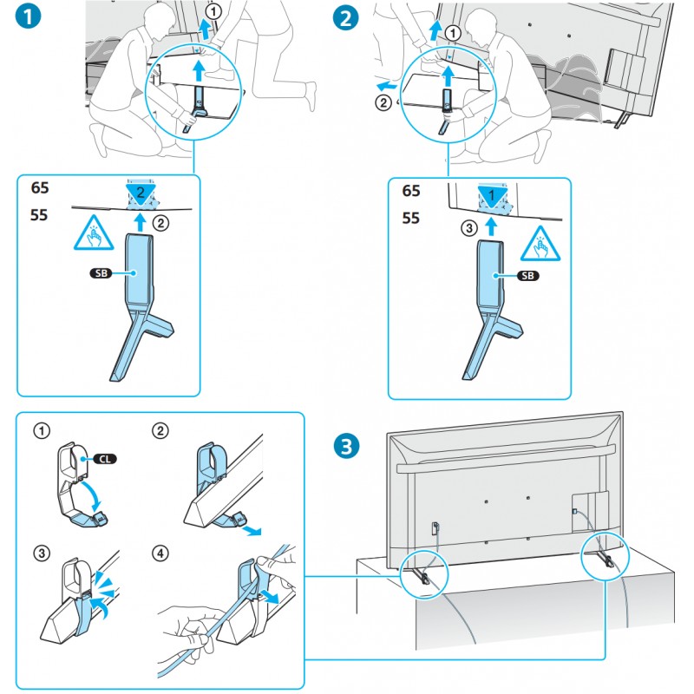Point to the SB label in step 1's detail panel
tap(102, 273)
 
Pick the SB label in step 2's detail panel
tap(527, 276)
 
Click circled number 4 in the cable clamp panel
tap(160, 552)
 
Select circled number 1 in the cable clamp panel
tap(40, 431)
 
